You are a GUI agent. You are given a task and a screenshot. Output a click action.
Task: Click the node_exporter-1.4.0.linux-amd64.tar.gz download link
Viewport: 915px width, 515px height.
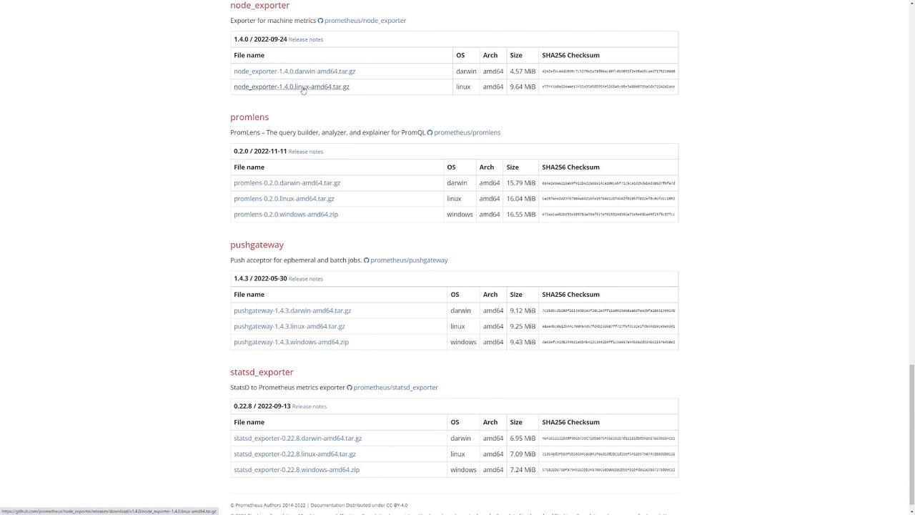coord(291,87)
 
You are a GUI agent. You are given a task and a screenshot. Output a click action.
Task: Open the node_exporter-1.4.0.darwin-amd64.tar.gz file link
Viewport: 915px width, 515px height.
coord(294,72)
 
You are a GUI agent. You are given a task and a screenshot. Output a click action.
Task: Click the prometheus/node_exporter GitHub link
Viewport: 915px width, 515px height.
coord(365,21)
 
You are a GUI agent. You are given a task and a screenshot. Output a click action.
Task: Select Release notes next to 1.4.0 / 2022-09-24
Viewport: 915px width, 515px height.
coord(305,39)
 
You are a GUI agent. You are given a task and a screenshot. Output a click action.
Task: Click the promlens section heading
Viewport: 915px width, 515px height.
coord(249,117)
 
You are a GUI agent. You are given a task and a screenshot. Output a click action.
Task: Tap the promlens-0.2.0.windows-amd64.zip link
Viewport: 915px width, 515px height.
coord(285,215)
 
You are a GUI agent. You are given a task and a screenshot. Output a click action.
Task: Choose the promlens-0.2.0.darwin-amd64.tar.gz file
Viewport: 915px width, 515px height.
coord(287,183)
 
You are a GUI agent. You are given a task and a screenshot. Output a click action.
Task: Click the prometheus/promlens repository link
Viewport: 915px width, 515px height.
coord(467,132)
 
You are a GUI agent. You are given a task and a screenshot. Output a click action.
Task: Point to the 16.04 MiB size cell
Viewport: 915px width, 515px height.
coord(520,199)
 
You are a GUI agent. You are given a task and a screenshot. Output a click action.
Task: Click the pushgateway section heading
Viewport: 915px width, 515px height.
coord(257,245)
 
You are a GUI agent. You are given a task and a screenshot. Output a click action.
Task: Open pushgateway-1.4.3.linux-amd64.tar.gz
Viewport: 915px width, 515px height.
coord(289,326)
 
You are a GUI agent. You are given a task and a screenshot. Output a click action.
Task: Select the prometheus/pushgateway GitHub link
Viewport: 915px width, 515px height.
coord(409,260)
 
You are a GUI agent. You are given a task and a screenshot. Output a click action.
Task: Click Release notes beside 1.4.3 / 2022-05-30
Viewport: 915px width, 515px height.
coord(305,279)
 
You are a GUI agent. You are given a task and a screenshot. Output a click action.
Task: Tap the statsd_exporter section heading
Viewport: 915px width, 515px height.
coord(262,372)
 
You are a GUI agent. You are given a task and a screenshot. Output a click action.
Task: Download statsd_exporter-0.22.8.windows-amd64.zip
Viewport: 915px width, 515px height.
coord(296,470)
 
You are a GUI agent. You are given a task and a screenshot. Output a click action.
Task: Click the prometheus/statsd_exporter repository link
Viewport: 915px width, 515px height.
coord(395,388)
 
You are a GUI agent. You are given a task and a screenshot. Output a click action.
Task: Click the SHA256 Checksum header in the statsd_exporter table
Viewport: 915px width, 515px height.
coord(570,422)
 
